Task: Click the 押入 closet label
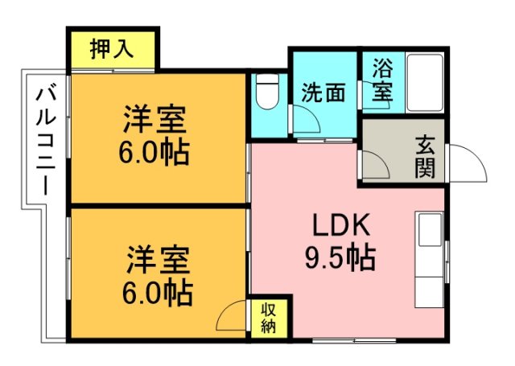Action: (112, 49)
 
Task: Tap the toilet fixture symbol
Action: (267, 92)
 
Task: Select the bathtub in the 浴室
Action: (424, 84)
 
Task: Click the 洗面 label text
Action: (323, 93)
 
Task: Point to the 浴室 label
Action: (383, 79)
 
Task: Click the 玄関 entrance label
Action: (425, 157)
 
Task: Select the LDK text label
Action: (341, 225)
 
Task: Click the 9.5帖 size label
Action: (340, 257)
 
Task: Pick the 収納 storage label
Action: (269, 318)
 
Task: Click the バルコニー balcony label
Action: (46, 142)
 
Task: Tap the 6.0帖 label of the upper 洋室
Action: (154, 153)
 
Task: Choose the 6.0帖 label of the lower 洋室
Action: (158, 293)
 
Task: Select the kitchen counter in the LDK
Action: (430, 260)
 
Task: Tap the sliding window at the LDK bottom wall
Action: (354, 341)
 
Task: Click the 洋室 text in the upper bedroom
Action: (154, 119)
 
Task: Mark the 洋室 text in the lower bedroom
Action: (159, 259)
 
